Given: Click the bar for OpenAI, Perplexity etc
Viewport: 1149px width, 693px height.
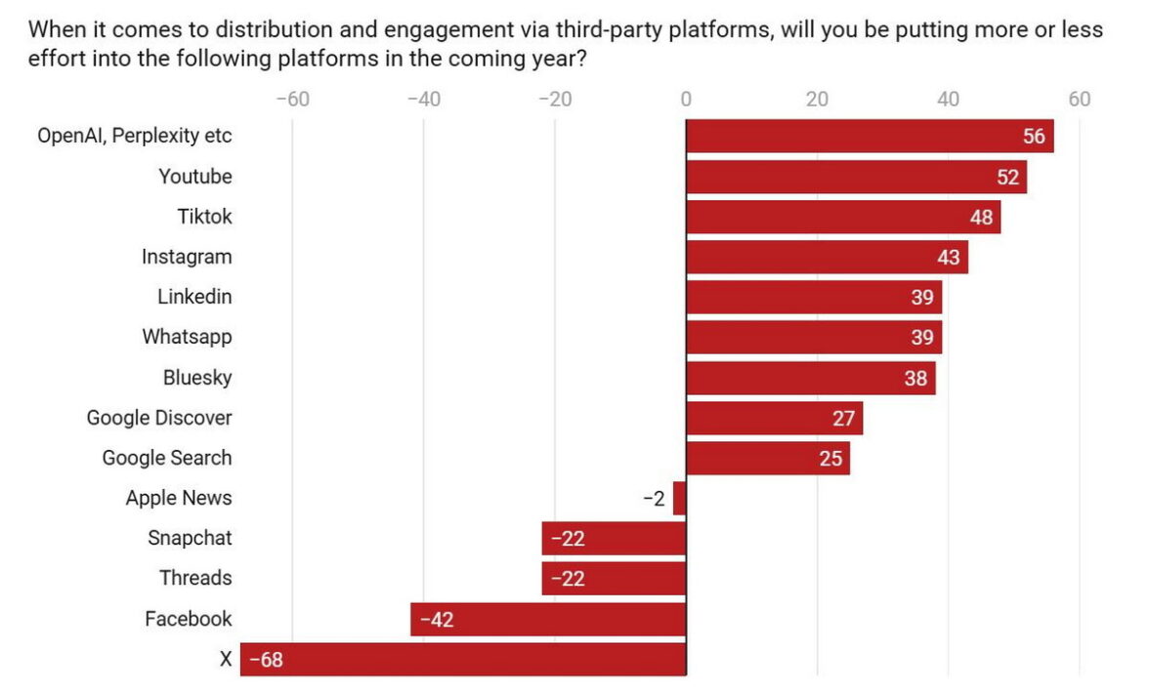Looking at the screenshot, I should pos(870,137).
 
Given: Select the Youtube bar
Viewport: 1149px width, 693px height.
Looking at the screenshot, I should pos(856,177).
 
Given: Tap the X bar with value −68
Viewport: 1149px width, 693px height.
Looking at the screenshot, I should pos(463,660).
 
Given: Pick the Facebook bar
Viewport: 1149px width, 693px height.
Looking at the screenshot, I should pos(548,619).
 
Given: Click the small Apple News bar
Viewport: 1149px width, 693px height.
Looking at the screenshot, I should pos(680,499).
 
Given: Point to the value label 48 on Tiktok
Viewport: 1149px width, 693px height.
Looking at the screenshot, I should pos(981,217).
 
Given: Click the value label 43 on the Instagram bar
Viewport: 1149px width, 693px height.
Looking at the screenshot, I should pos(949,258).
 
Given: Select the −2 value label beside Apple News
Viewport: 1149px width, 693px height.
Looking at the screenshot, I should pos(654,499).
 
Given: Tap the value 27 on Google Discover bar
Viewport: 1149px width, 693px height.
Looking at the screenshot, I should pos(843,419).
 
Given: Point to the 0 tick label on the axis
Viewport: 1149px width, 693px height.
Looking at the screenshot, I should pos(686,100).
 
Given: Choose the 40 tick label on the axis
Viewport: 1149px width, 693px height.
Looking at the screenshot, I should pos(948,100).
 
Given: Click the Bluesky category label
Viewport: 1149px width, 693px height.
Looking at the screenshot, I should pos(197,378).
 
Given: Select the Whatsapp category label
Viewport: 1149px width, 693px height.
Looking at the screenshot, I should pos(187,337).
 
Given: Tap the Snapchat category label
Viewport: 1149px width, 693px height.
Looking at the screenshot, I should pos(190,538).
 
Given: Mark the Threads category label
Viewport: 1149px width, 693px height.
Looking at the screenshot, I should pos(195,578).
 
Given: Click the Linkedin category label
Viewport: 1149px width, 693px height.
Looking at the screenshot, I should pos(194,297).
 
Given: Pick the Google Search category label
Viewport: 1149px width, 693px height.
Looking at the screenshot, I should pos(167,458).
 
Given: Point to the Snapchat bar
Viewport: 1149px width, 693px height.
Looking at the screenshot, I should pos(614,539).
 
